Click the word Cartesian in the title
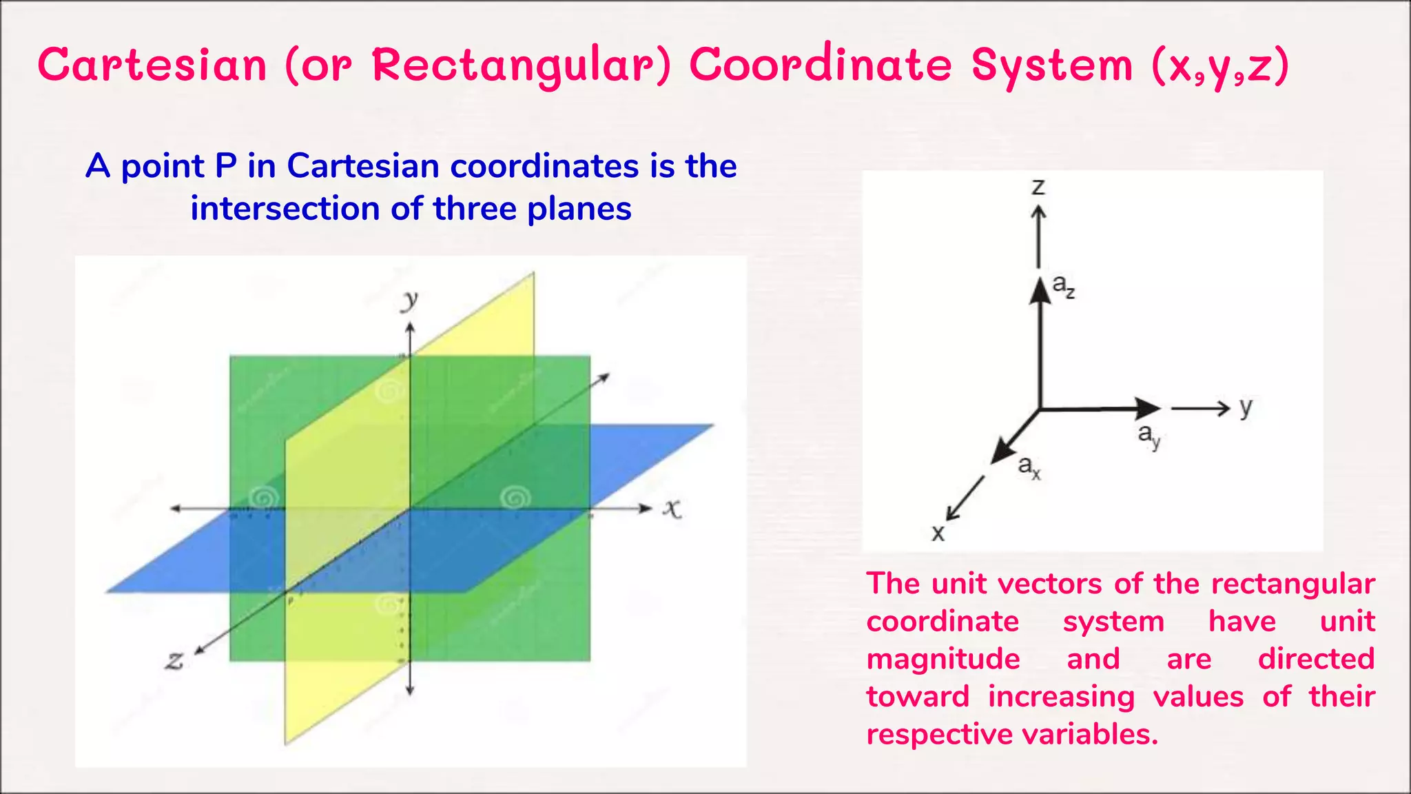pyautogui.click(x=152, y=65)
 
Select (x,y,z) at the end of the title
pyautogui.click(x=1219, y=66)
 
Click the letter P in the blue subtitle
pyautogui.click(x=226, y=166)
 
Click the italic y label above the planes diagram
pyautogui.click(x=410, y=300)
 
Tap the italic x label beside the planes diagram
pyautogui.click(x=672, y=509)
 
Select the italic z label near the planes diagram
pyautogui.click(x=174, y=660)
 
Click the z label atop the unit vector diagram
pyautogui.click(x=1038, y=187)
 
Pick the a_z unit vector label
pyautogui.click(x=1063, y=287)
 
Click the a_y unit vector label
pyautogui.click(x=1149, y=435)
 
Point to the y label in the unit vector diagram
pyautogui.click(x=1246, y=407)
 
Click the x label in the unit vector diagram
pyautogui.click(x=938, y=533)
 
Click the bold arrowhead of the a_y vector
pyautogui.click(x=1149, y=408)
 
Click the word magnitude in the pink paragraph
pyautogui.click(x=943, y=659)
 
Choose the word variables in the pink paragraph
pyautogui.click(x=1089, y=734)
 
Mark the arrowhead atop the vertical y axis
pyautogui.click(x=410, y=329)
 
